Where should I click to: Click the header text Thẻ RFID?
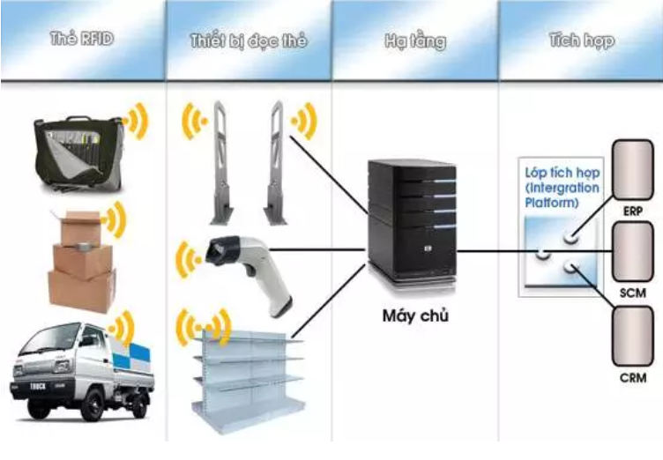83,41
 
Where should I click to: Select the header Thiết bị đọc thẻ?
248,41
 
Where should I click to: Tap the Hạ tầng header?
414,41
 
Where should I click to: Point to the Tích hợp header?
581,41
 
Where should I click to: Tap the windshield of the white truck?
45,344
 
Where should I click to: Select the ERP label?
633,211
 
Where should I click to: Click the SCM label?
633,293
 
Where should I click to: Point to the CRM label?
633,378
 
